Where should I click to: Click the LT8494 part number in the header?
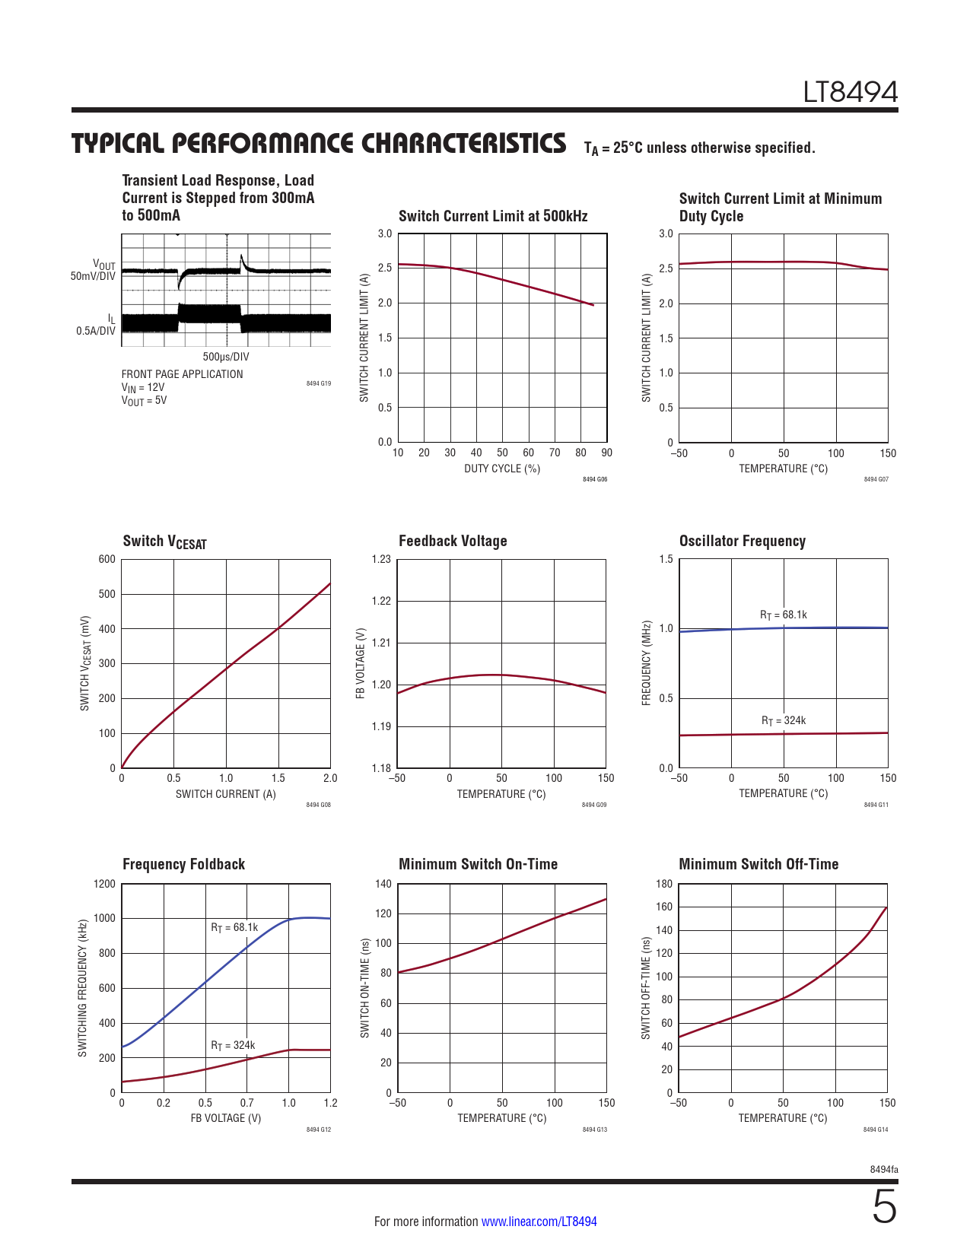tap(850, 93)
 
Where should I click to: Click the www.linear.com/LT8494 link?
tap(539, 1222)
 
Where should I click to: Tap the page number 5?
tap(884, 1207)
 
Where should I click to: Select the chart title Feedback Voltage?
tap(453, 541)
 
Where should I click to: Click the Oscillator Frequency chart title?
tap(742, 541)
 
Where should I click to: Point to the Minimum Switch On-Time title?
tap(478, 864)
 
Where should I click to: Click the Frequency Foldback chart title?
tap(183, 864)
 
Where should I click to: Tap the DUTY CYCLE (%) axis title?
tap(502, 469)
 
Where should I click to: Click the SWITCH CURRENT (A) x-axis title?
tap(225, 794)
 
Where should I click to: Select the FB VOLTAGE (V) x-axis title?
tap(225, 1118)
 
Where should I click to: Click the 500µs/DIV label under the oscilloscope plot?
tap(225, 357)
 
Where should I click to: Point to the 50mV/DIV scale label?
tap(93, 276)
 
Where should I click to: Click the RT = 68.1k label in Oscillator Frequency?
tap(783, 615)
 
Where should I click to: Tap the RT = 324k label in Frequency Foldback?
tap(233, 1045)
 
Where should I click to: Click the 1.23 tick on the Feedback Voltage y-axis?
tap(381, 559)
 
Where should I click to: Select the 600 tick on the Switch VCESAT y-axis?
tap(107, 559)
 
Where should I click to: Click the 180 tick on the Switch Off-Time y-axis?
tap(663, 884)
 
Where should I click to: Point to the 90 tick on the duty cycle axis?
tap(606, 453)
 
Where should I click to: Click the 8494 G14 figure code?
tap(875, 1129)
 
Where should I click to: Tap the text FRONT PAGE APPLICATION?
tap(182, 374)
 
